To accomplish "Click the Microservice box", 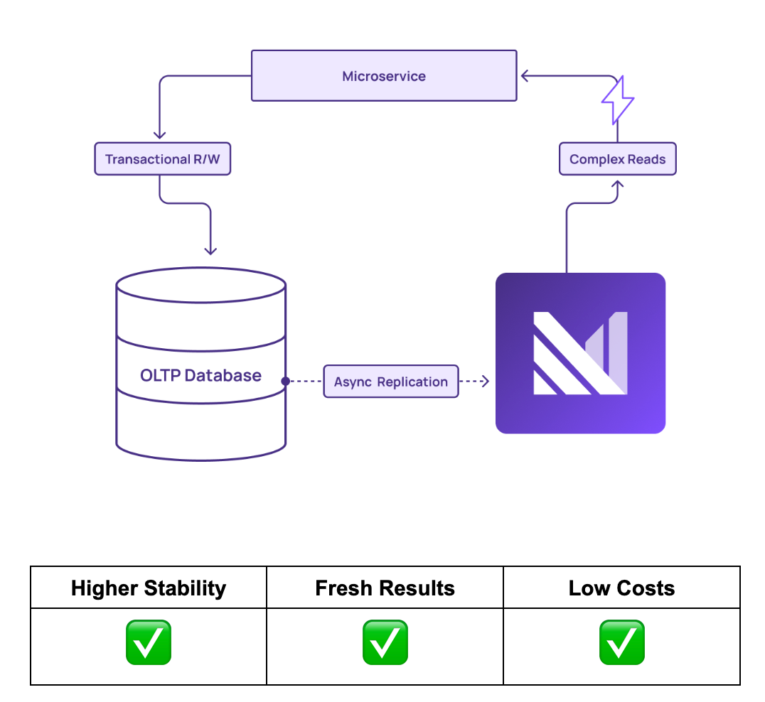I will click(x=384, y=75).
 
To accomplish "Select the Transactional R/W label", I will click(x=163, y=158).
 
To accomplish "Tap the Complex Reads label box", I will click(x=617, y=159).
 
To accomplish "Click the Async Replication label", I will click(x=391, y=382).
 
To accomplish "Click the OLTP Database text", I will click(x=200, y=375).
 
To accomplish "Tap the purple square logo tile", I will click(x=580, y=353).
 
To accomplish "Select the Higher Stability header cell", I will click(x=149, y=588).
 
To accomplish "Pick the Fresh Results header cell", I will click(x=385, y=588).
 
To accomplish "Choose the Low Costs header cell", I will click(x=621, y=588).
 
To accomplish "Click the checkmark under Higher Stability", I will click(x=149, y=642).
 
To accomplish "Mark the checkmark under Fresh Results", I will click(x=385, y=642).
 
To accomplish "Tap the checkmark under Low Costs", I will click(x=621, y=642).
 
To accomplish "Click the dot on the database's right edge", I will click(x=285, y=382).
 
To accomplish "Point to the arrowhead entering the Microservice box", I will click(x=524, y=75).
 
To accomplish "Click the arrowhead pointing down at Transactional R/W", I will click(x=160, y=135).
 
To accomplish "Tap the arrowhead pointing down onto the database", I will click(x=210, y=249).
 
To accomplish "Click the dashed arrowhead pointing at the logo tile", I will click(x=485, y=382).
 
